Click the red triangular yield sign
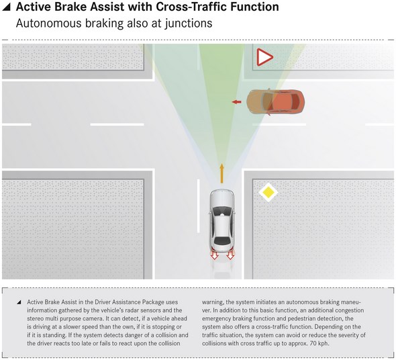[264, 57]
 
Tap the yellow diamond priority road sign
[268, 192]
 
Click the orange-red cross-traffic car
[276, 102]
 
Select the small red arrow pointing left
[237, 102]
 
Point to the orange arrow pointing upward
[221, 173]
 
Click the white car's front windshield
[222, 211]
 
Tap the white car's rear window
[221, 240]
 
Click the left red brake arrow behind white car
[214, 255]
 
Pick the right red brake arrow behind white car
[230, 255]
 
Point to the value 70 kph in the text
[319, 344]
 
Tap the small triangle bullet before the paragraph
[19, 302]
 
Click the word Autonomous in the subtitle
[48, 24]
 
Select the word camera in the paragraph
[93, 318]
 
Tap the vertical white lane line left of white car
[198, 206]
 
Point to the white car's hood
[222, 198]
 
